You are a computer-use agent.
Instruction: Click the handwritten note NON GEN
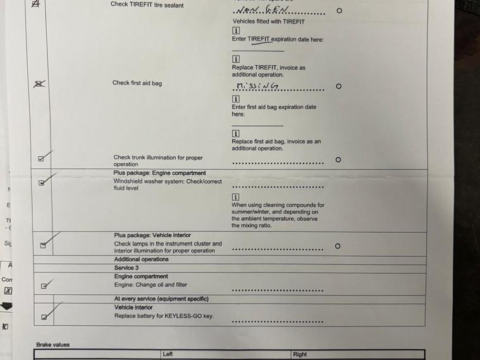[261, 11]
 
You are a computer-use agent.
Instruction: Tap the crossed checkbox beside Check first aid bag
[39, 84]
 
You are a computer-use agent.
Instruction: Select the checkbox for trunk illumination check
[41, 159]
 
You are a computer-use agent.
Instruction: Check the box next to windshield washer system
[42, 183]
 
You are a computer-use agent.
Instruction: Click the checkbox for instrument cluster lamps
[43, 245]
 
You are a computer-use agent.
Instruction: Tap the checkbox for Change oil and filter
[44, 286]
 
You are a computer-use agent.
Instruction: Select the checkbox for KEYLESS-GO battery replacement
[44, 317]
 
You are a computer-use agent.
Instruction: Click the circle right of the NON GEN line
[339, 11]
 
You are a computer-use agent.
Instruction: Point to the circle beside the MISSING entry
[338, 86]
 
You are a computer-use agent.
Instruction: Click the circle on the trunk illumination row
[338, 159]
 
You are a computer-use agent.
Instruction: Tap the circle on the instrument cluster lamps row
[337, 246]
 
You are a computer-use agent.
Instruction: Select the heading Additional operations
[141, 259]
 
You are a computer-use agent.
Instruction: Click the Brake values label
[52, 345]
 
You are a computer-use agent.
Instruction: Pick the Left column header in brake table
[168, 354]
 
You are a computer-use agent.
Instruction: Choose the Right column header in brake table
[300, 354]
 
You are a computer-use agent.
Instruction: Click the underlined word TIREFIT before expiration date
[259, 39]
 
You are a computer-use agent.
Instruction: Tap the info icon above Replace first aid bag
[236, 133]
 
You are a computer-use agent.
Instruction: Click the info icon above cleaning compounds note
[235, 197]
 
